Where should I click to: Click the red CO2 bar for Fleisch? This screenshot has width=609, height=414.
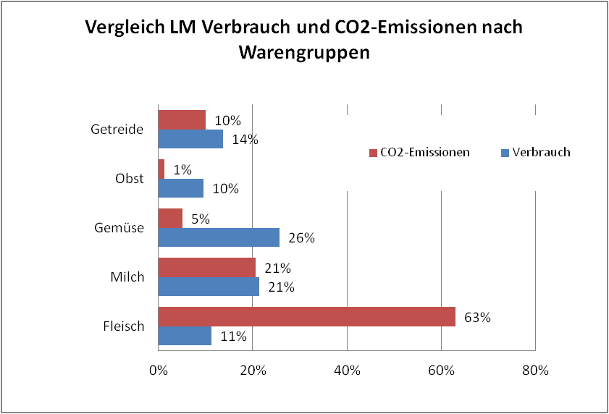[306, 316]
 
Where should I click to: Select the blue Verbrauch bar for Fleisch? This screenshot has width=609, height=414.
[185, 336]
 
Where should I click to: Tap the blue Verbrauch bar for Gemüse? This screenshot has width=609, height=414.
[219, 237]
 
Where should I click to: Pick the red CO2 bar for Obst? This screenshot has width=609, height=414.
[161, 169]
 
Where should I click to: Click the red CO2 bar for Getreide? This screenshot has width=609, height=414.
[182, 119]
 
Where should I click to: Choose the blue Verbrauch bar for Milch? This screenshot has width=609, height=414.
[209, 287]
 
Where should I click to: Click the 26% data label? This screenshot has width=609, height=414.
[301, 238]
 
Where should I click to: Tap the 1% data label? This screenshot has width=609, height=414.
[182, 169]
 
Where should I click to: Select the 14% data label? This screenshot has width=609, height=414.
[245, 140]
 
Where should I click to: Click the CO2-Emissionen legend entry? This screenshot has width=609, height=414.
[419, 153]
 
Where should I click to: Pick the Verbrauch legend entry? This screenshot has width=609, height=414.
[535, 153]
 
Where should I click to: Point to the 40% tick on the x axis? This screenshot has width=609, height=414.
[347, 371]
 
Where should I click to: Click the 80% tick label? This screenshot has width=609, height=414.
[535, 371]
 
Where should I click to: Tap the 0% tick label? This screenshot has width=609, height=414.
[158, 371]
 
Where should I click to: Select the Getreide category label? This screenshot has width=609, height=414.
[117, 130]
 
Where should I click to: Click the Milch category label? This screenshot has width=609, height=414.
[128, 277]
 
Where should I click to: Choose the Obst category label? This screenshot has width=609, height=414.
[130, 179]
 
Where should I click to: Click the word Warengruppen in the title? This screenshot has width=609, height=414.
[304, 53]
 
